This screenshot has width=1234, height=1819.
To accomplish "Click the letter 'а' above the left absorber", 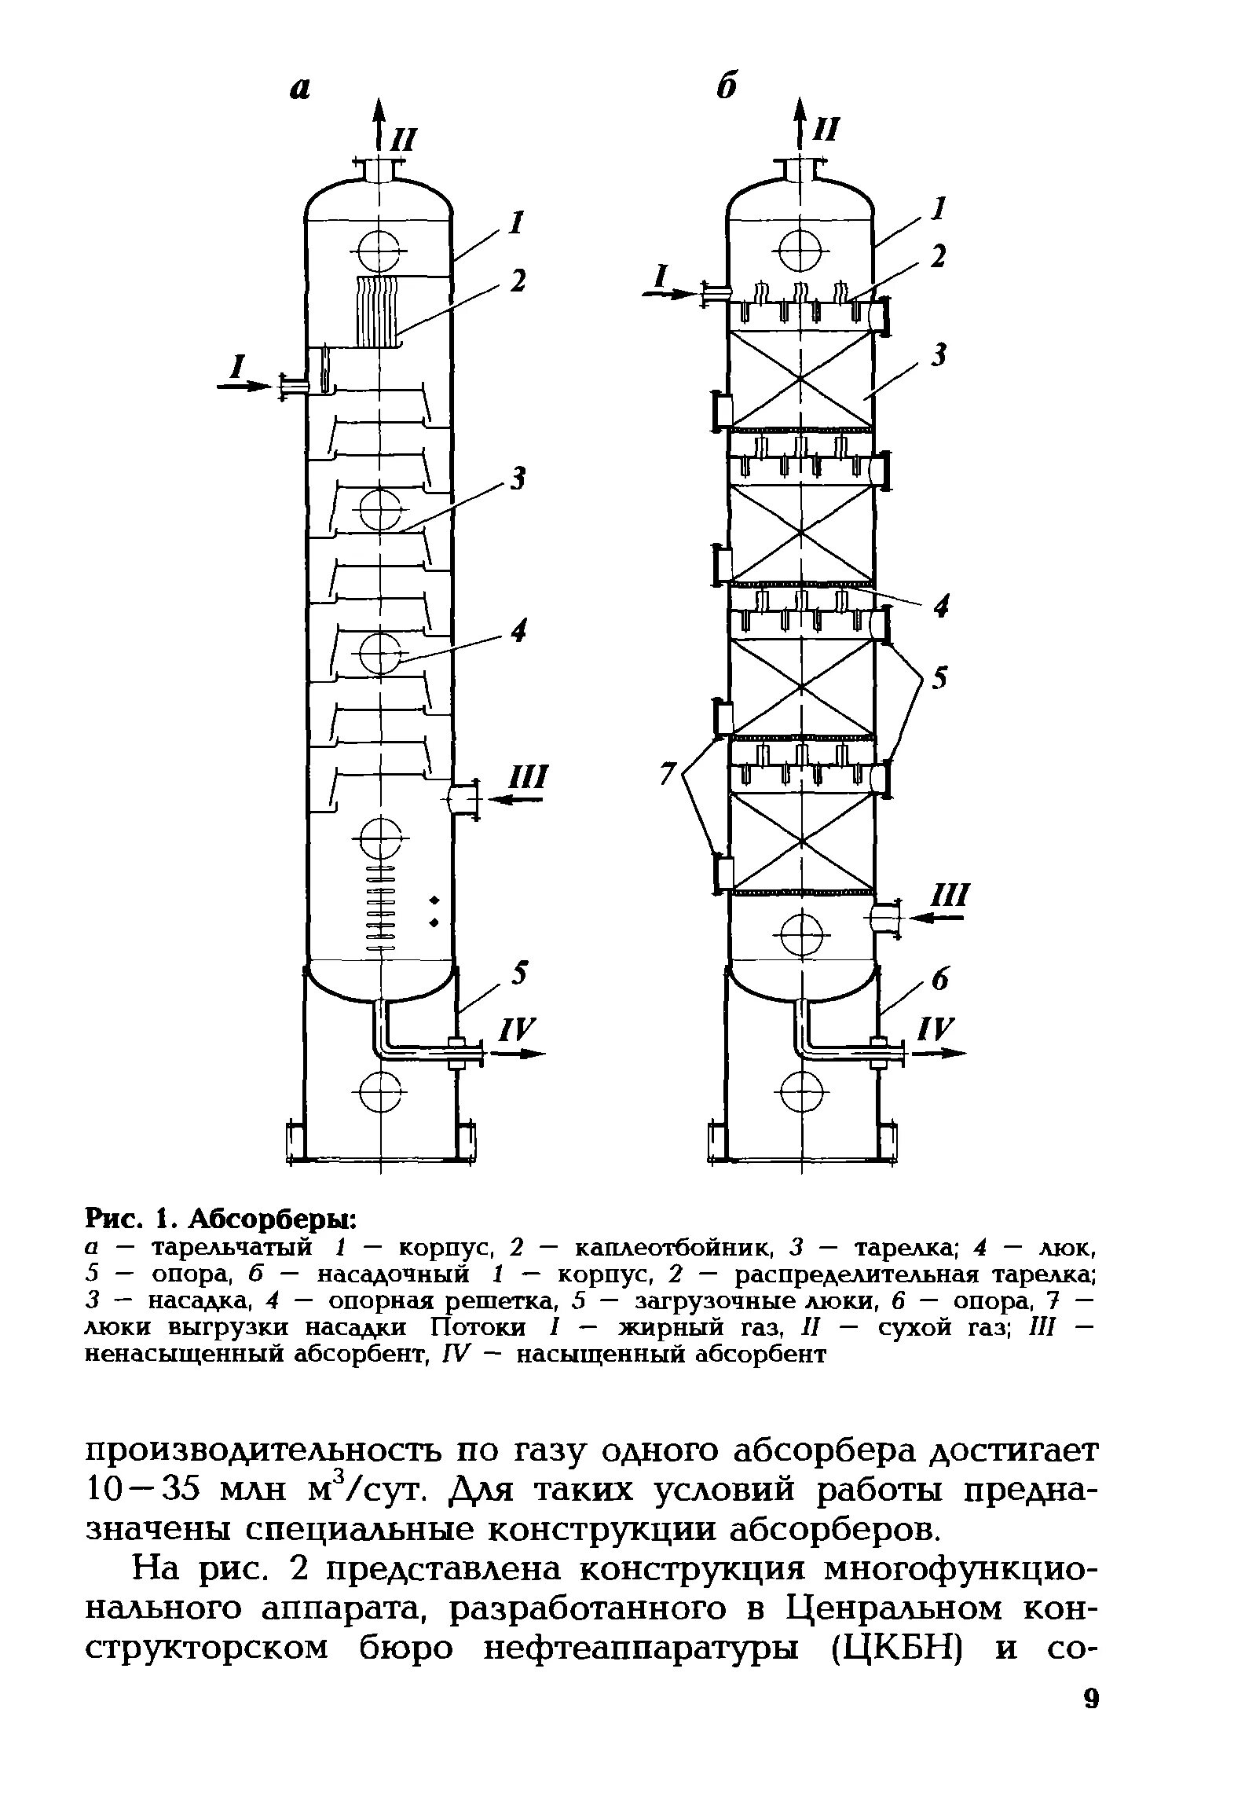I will (x=299, y=89).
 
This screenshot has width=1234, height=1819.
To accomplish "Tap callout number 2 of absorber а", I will (x=517, y=281).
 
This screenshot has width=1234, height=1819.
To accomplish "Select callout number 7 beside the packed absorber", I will (x=668, y=774).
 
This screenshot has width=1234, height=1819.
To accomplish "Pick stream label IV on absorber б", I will (x=938, y=1028).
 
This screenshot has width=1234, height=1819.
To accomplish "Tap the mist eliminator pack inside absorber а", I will (x=379, y=312).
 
